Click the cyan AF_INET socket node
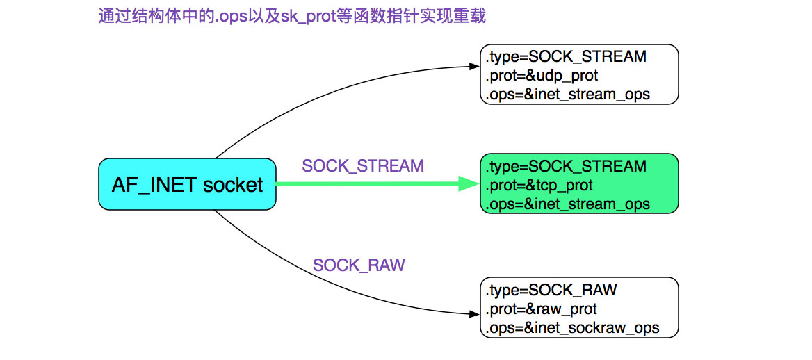coord(187,184)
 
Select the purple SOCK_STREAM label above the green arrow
coord(362,166)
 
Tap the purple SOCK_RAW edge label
coord(359,265)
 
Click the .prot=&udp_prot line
coord(542,75)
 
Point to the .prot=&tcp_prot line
coord(539,186)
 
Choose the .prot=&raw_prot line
coord(542,309)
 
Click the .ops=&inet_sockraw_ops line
coord(573,327)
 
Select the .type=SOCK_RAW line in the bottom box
coord(552,290)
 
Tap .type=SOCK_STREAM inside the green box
coord(567,167)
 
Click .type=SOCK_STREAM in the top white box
coord(567,56)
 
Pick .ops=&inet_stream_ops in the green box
coord(568,204)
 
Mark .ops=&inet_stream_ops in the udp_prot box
coord(568,94)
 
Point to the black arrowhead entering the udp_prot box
coord(474,67)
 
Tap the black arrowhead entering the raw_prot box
coord(474,314)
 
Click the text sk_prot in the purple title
coord(306,16)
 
